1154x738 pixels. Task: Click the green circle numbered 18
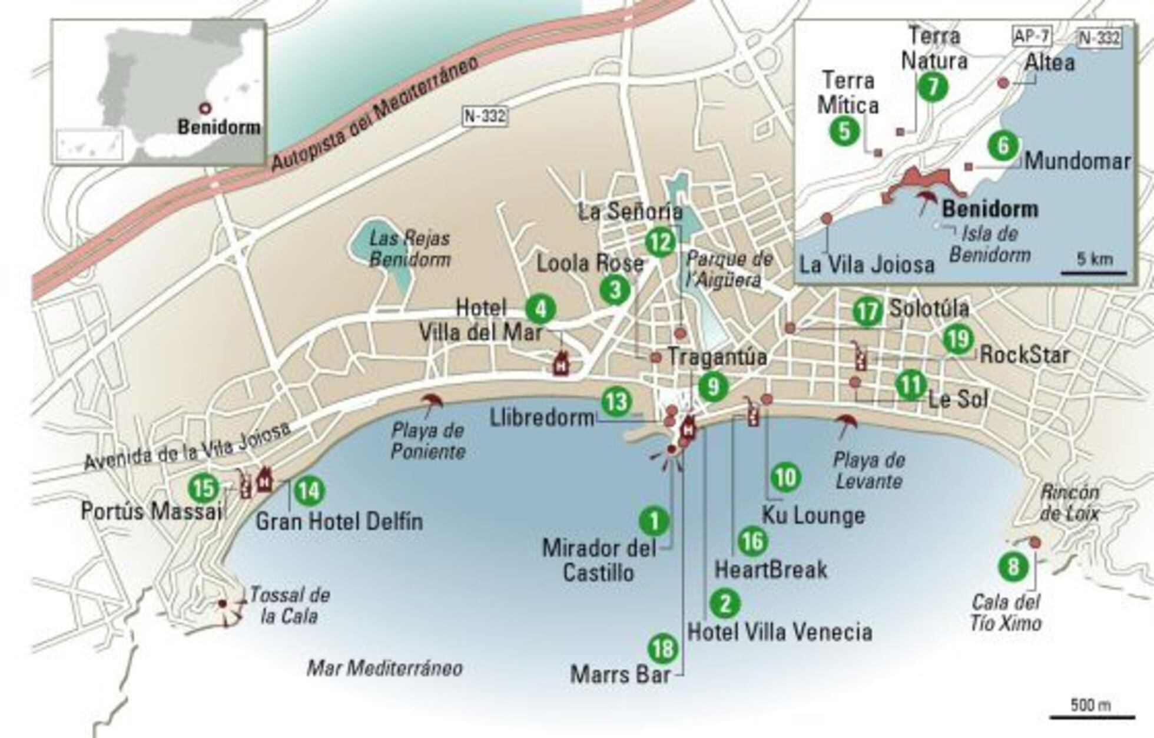click(662, 648)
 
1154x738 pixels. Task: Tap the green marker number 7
click(933, 87)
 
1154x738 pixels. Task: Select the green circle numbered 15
click(204, 488)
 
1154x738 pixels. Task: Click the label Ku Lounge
click(814, 515)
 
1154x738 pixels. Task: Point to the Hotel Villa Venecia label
click(780, 632)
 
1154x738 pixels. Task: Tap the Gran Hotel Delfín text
click(339, 521)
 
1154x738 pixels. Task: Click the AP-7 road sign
click(1032, 37)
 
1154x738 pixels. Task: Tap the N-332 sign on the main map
click(484, 115)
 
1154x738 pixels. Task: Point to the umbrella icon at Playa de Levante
click(847, 422)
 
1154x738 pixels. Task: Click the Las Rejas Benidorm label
click(410, 249)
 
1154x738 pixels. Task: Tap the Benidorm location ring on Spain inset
click(204, 108)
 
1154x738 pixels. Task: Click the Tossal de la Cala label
click(288, 605)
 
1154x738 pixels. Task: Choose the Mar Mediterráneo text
click(384, 668)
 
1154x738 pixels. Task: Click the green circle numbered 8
click(1013, 567)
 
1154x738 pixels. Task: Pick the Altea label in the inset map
click(1050, 62)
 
